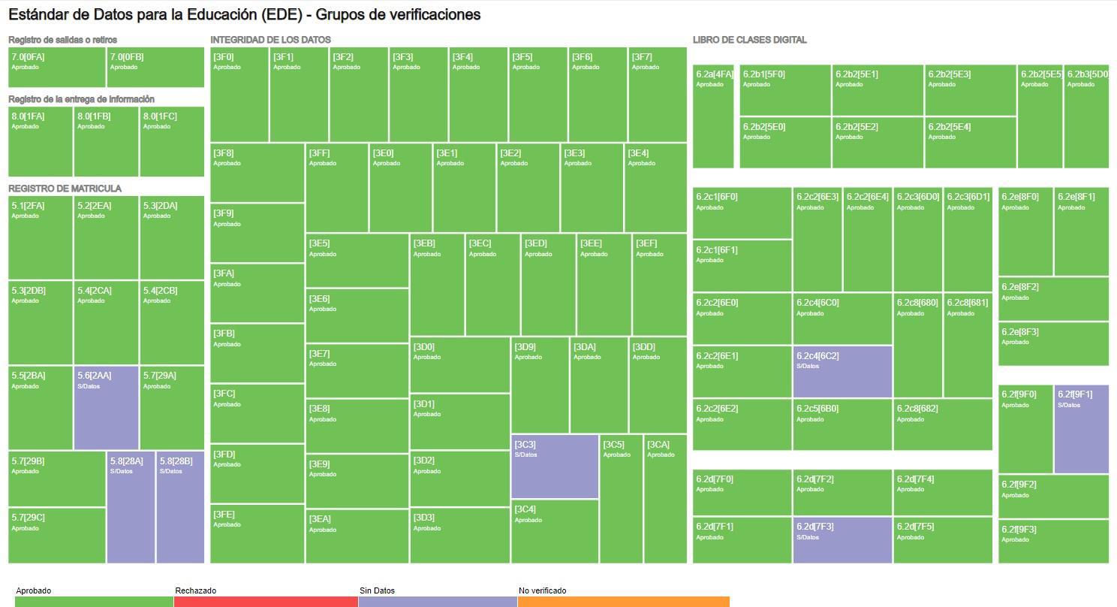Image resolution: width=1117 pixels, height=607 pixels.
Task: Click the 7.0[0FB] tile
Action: tap(155, 68)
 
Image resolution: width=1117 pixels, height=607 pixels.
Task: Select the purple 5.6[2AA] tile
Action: tap(106, 407)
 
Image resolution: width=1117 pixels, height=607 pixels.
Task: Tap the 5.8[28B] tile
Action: tap(180, 506)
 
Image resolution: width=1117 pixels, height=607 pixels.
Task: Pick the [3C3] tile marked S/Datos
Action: tap(555, 466)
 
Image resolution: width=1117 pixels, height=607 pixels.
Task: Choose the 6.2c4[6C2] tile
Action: tap(842, 371)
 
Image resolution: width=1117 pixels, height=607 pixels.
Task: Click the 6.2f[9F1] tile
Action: tap(1081, 429)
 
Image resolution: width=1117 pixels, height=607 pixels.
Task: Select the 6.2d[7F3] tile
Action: tap(842, 539)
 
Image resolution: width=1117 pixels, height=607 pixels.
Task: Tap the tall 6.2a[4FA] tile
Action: tap(713, 116)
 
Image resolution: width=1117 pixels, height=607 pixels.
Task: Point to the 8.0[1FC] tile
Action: tap(172, 141)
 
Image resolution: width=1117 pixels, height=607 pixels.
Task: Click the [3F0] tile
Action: tap(239, 95)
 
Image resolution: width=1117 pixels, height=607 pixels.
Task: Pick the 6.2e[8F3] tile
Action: tap(1053, 344)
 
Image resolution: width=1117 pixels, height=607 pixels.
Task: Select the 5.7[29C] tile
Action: tap(57, 536)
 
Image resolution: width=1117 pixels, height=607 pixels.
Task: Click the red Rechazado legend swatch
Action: tap(266, 602)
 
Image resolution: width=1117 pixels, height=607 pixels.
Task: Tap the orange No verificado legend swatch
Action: tap(623, 602)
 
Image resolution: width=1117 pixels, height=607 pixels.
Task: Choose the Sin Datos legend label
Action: tap(377, 590)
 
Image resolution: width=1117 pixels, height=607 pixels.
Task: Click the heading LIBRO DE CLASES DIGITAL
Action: tap(749, 40)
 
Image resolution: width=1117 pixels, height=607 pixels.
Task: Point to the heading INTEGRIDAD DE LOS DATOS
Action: tap(270, 40)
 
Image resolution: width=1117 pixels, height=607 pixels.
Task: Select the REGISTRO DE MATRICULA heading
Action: tap(65, 189)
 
